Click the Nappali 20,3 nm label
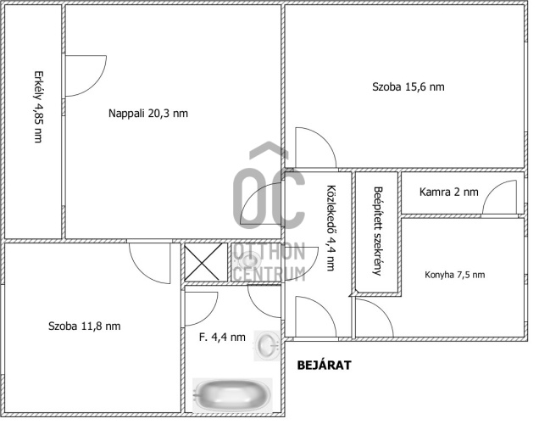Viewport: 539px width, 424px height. tap(148, 113)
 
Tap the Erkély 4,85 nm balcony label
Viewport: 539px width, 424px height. tap(38, 107)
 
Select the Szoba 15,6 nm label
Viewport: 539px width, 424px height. tap(408, 86)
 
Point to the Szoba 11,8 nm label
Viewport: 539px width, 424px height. tap(85, 326)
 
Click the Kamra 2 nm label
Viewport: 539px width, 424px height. tap(448, 192)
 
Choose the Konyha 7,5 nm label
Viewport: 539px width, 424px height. tap(455, 275)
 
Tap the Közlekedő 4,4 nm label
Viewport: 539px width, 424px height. tap(331, 228)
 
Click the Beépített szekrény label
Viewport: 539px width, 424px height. tap(378, 232)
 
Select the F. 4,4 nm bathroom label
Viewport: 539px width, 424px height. tap(222, 337)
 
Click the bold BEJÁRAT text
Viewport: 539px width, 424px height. tap(324, 365)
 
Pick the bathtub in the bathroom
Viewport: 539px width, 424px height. tap(232, 394)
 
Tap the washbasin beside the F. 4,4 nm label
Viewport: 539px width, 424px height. tap(267, 346)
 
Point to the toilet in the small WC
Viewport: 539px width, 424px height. tap(249, 261)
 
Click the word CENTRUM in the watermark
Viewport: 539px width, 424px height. tap(269, 274)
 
